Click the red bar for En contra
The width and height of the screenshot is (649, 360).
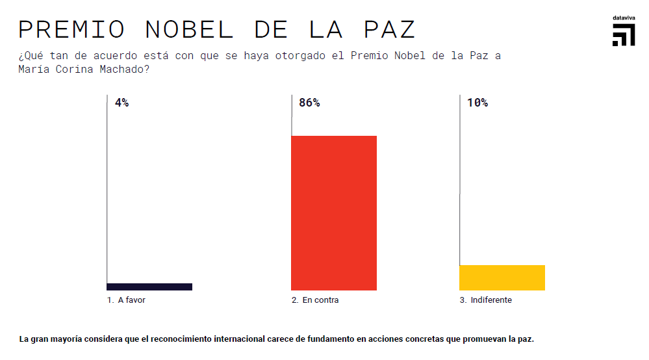click(x=333, y=212)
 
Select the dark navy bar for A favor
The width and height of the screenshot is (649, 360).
click(x=149, y=287)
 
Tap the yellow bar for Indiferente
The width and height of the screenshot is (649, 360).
click(x=502, y=277)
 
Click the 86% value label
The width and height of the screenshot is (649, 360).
click(x=309, y=103)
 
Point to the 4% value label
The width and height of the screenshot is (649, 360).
click(x=121, y=103)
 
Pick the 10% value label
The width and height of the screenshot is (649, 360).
click(x=477, y=103)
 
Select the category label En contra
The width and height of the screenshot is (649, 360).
click(x=320, y=300)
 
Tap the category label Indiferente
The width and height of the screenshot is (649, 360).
click(x=490, y=300)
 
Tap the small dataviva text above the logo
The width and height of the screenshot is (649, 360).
click(x=624, y=18)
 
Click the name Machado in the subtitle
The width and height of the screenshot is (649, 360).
click(x=126, y=70)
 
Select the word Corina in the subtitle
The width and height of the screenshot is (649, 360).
click(x=75, y=70)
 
